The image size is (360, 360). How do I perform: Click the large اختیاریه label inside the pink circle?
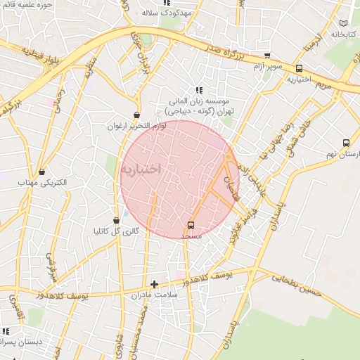141,169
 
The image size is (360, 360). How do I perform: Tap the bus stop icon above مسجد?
191,225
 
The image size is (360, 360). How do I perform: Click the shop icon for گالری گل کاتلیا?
116,221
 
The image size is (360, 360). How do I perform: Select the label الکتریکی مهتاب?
43,182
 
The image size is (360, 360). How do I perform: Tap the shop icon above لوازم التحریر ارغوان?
136,115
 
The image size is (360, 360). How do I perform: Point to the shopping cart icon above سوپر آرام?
266,56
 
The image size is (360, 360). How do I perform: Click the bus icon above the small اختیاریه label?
300,69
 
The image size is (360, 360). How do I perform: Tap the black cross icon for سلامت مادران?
155,285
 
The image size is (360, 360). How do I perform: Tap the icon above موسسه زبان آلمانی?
199,90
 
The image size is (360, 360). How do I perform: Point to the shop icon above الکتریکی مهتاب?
42,172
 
